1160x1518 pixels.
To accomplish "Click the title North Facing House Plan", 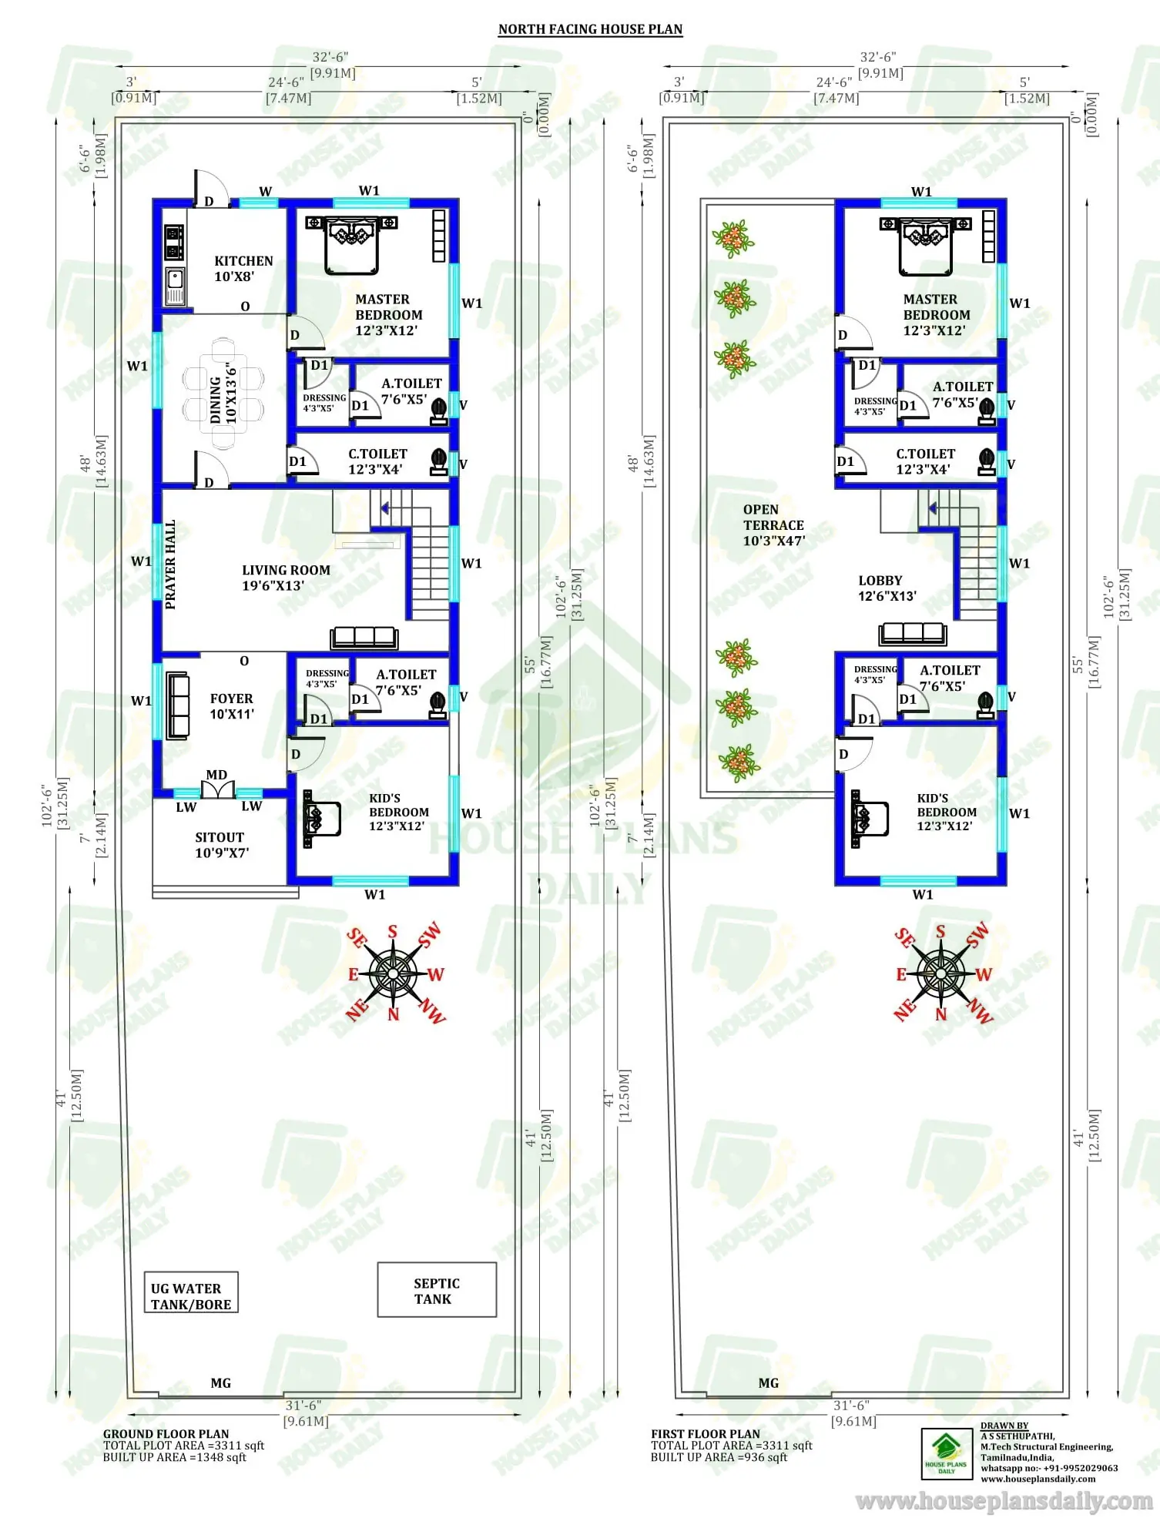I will click(590, 29).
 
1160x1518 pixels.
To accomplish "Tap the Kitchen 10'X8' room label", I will click(243, 268).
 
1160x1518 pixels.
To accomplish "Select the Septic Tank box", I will click(437, 1290).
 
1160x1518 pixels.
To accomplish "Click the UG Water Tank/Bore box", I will click(191, 1295).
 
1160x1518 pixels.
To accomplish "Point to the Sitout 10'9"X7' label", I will click(220, 844).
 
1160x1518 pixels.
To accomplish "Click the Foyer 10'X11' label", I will click(231, 705).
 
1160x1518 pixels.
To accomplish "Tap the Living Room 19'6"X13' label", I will click(286, 577).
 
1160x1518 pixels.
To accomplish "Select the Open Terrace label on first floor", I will click(773, 524).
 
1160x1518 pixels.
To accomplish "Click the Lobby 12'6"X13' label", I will click(887, 588).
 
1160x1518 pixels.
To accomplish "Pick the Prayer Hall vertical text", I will click(170, 564).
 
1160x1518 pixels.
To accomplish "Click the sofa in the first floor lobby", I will click(913, 634).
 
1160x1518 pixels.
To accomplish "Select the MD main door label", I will click(216, 775).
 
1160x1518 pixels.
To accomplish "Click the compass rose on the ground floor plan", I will click(394, 973).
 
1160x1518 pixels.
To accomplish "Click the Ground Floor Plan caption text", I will click(166, 1433).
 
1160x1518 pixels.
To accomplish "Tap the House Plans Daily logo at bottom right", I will click(946, 1453).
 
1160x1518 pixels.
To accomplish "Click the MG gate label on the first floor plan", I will click(768, 1382).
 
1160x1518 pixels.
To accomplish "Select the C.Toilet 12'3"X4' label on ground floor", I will click(377, 461).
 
